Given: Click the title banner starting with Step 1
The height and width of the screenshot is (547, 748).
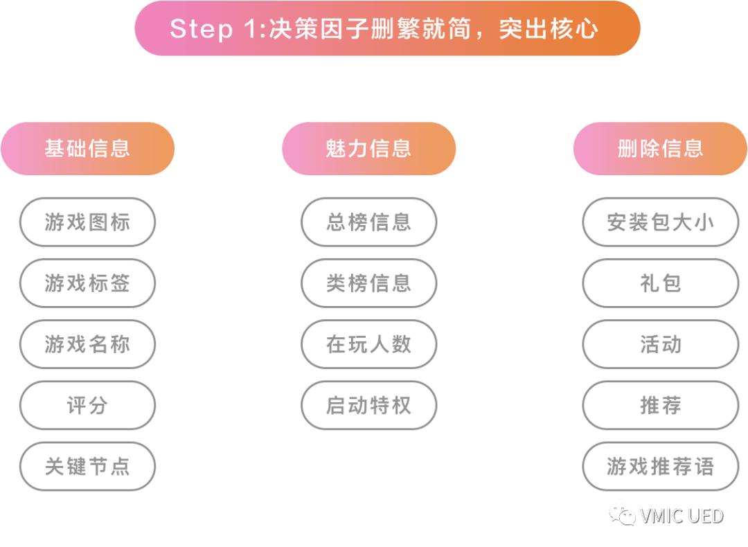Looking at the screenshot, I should tap(386, 28).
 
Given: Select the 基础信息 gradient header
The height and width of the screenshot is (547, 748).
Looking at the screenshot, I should tap(87, 149).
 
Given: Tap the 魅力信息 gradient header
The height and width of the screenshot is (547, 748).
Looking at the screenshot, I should tap(368, 149).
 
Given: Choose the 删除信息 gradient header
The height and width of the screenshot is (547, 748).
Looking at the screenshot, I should tap(660, 149).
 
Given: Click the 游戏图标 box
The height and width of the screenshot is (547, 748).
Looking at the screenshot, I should tap(87, 222).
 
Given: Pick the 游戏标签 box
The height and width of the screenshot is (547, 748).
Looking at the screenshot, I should tap(87, 283).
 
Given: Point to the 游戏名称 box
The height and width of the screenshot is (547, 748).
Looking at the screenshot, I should tap(87, 344).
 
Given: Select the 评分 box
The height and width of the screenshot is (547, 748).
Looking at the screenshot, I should tap(87, 405).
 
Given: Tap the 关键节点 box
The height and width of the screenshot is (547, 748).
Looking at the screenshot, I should tap(87, 466).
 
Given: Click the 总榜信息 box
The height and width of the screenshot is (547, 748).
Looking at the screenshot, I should tap(368, 222).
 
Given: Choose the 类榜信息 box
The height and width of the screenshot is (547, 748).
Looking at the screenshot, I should tap(368, 283).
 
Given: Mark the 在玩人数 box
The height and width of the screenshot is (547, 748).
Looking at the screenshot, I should tap(368, 344).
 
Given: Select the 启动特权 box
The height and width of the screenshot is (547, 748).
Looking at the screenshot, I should tap(368, 405).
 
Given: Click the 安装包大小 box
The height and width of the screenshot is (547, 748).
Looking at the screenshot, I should tap(660, 222).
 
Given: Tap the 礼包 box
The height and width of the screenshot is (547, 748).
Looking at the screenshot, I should tap(660, 283).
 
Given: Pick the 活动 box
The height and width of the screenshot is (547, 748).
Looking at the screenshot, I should tap(660, 344).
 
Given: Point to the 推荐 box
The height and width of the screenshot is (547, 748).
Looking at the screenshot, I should tap(660, 405).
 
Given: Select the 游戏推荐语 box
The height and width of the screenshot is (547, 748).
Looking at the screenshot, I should tap(660, 466).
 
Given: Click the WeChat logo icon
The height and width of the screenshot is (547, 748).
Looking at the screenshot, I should tap(621, 514).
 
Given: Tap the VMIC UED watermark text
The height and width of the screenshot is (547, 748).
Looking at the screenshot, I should tap(682, 516).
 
